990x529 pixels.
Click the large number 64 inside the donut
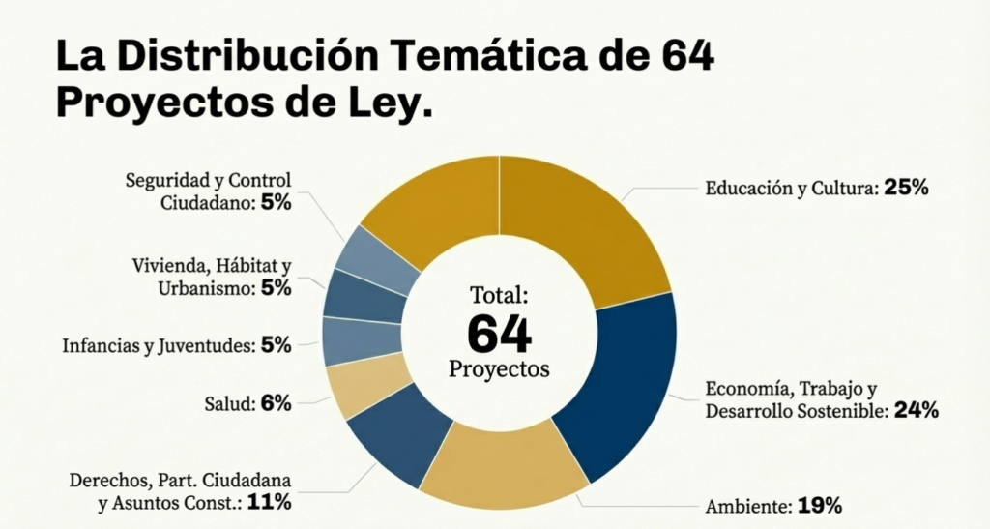[499, 334]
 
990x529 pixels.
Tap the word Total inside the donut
[499, 295]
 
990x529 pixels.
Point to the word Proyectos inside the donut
[499, 369]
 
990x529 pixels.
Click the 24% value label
[916, 411]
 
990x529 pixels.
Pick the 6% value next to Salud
[276, 404]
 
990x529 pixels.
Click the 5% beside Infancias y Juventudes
[276, 345]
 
